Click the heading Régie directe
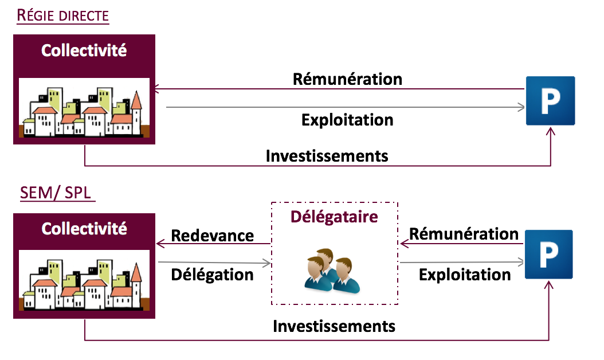point(62,15)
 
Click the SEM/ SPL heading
point(56,193)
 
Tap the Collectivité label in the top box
point(84,50)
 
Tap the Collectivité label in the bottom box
point(84,229)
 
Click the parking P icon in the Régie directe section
point(550,101)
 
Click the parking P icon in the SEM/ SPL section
point(548,254)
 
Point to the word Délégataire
point(334,217)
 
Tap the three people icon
point(328,269)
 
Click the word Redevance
point(212,235)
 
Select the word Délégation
point(212,275)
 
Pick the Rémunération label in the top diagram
point(347,79)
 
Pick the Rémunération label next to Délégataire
point(464,234)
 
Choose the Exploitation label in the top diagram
point(347,120)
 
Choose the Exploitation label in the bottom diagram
point(465,275)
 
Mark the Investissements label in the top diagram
point(327,155)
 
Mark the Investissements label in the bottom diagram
point(334,326)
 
